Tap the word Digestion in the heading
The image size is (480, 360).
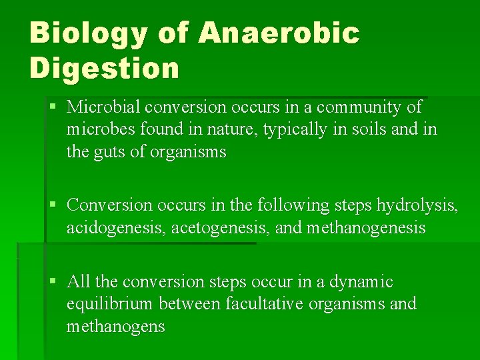coord(105,69)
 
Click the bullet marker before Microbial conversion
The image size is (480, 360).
coord(53,107)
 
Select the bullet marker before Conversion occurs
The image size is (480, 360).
coord(53,204)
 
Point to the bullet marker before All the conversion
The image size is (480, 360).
coord(53,282)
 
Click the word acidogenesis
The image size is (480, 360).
coord(116,228)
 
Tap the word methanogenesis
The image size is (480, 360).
coord(366,228)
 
